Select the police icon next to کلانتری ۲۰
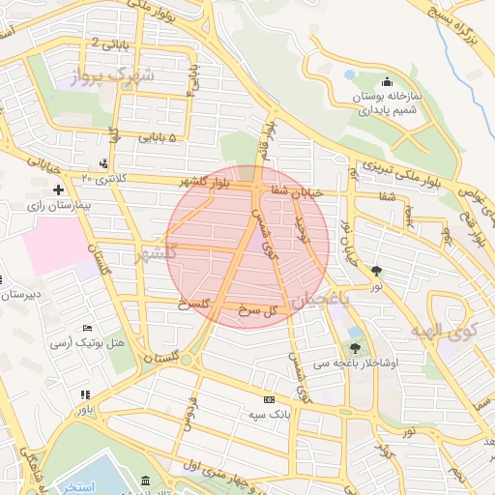[103, 163]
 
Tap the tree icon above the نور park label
[376, 273]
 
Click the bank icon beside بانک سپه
[269, 399]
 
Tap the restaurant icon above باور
[86, 394]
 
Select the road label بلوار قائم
[268, 138]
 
